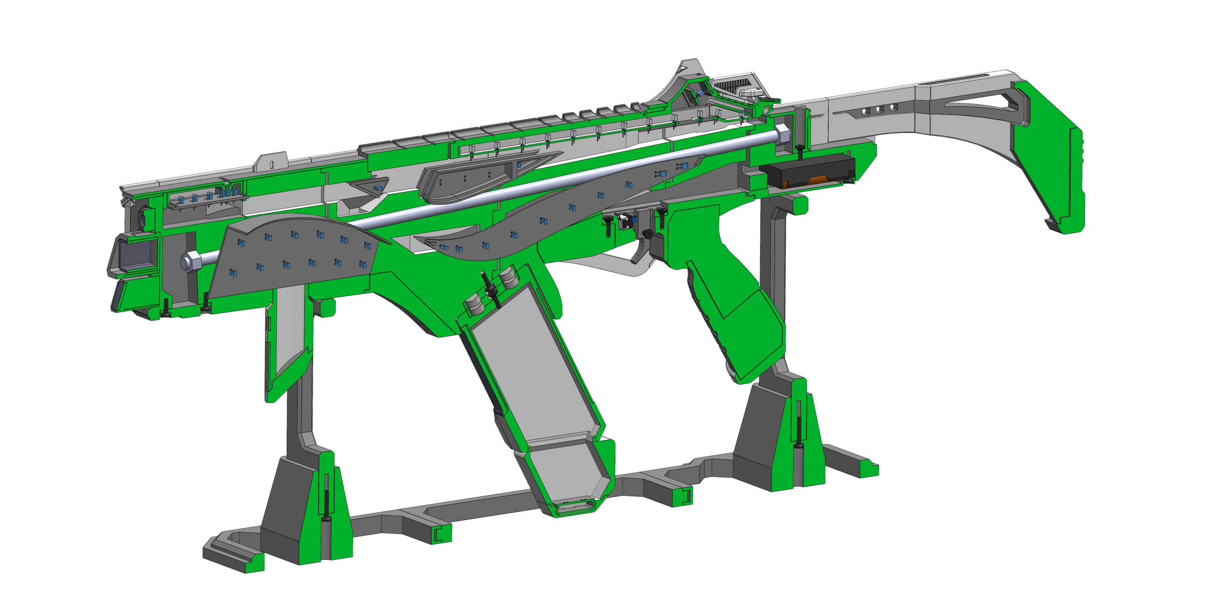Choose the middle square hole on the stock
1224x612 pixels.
click(x=879, y=110)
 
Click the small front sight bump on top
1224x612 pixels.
click(x=271, y=162)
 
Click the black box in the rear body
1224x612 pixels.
click(x=808, y=171)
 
